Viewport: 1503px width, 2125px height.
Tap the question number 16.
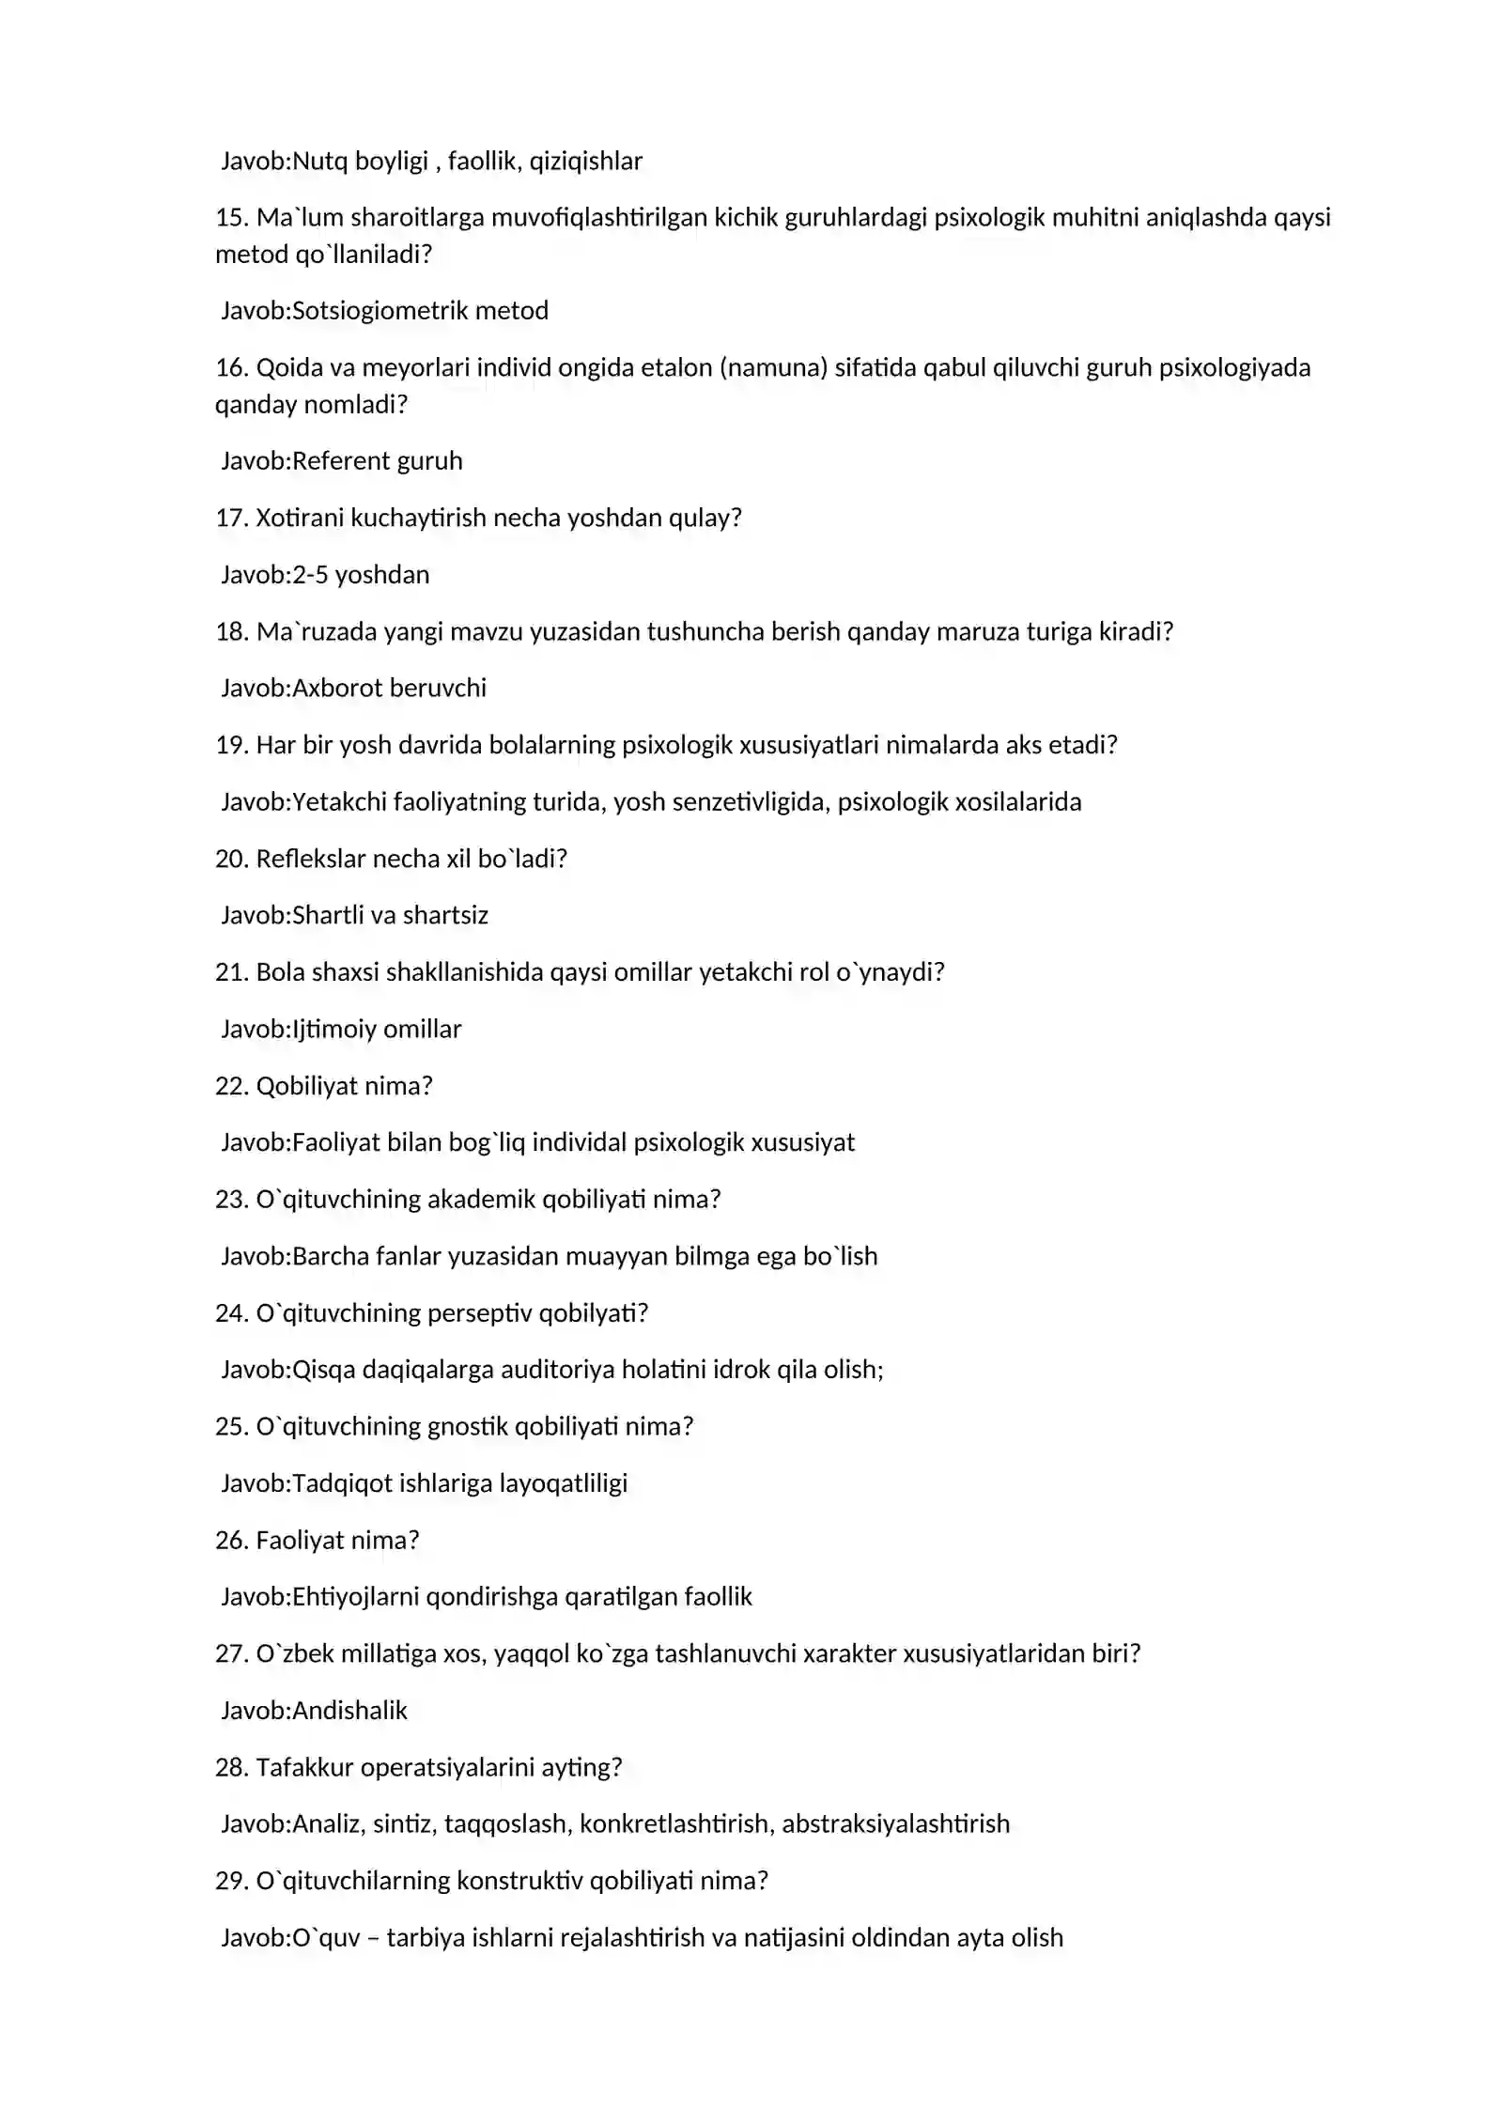tap(231, 367)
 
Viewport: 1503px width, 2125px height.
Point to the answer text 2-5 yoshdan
tap(361, 575)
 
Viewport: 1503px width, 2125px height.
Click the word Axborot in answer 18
tap(337, 689)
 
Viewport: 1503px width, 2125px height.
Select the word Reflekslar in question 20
tap(311, 859)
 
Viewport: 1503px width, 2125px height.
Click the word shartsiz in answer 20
tap(445, 916)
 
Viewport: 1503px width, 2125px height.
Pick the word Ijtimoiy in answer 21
tap(334, 1030)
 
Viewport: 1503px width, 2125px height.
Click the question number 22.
tap(231, 1086)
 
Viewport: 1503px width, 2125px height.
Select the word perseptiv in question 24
tap(479, 1313)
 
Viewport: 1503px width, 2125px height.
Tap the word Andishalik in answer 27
tap(349, 1711)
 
